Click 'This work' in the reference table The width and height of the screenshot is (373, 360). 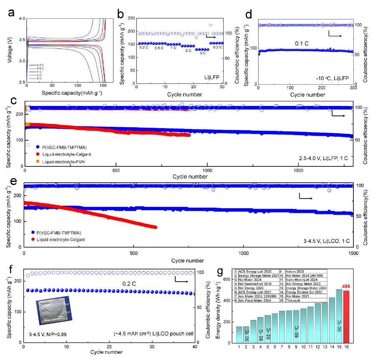[x=295, y=300]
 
